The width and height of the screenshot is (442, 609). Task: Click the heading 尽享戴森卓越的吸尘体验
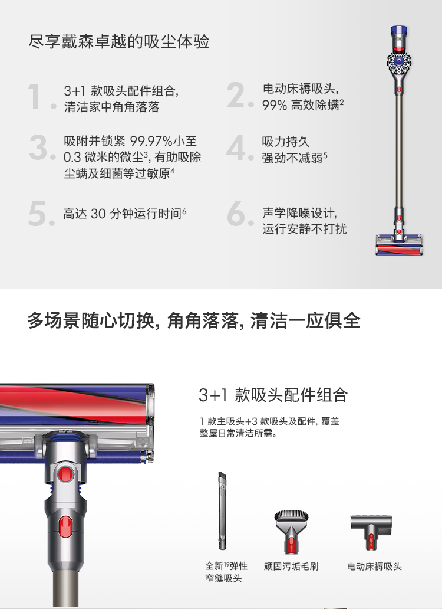118,41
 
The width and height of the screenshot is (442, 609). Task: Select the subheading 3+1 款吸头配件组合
273,395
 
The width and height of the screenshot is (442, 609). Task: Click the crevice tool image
222,510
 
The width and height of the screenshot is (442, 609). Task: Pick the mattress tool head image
371,532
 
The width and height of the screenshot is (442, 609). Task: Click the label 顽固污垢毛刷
291,567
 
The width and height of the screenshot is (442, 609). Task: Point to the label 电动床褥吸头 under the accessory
374,567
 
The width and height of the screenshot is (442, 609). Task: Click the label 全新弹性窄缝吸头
226,572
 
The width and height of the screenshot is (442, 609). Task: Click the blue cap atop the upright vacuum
399,30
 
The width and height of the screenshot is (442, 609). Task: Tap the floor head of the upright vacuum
399,245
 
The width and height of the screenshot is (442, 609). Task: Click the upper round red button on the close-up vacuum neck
65,474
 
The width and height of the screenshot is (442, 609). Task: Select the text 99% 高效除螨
301,105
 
